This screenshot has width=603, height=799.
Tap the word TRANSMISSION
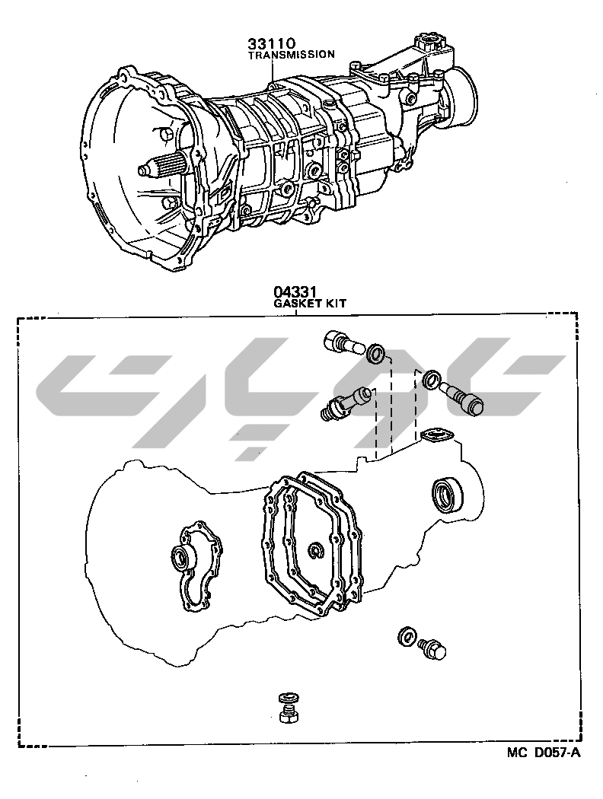291,55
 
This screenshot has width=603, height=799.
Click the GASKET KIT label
311,303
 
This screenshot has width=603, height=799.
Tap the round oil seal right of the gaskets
448,495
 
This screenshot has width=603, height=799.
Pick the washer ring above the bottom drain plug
289,697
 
